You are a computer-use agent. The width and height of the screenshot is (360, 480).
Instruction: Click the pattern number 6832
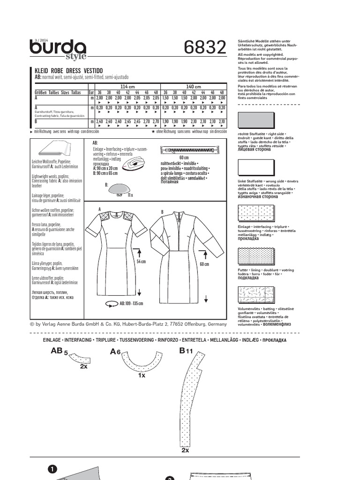[205, 47]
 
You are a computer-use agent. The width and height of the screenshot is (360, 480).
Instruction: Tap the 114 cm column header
[127, 87]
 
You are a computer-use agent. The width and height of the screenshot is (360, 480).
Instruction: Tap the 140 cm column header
[193, 87]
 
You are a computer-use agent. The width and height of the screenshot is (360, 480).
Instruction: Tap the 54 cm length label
[141, 261]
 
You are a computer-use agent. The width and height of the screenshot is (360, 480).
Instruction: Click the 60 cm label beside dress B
[204, 264]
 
